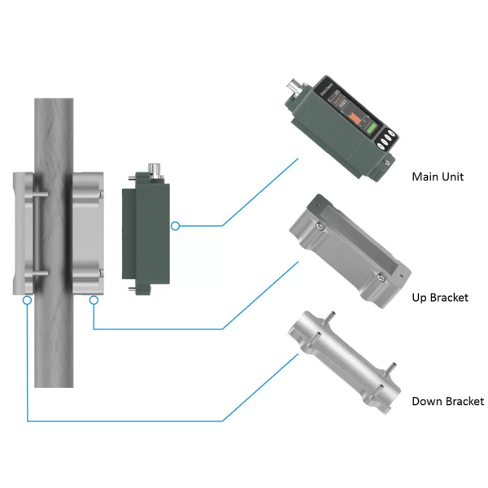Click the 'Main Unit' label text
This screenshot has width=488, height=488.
(x=438, y=176)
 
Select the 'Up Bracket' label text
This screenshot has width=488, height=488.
(x=440, y=298)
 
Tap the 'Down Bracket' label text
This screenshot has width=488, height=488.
(x=447, y=401)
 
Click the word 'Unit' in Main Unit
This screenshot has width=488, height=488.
(x=452, y=176)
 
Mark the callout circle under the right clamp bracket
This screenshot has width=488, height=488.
(x=94, y=300)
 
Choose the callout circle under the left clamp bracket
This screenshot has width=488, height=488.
(x=28, y=300)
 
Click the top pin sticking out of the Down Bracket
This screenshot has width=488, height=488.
(x=333, y=313)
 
